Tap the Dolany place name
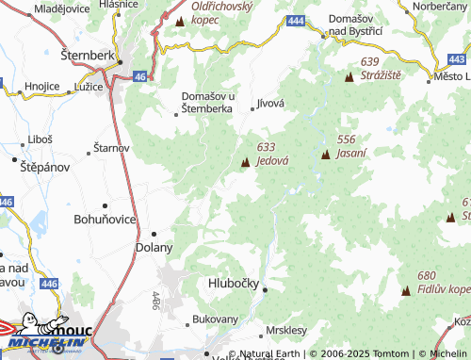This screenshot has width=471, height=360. coord(154,248)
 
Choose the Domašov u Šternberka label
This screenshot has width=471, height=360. coord(207,102)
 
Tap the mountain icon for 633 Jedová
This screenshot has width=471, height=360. coord(246,163)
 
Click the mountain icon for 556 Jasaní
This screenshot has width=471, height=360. coord(325,154)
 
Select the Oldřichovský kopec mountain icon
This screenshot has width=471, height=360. coord(179,19)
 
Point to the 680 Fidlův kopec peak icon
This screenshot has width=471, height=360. coord(406,291)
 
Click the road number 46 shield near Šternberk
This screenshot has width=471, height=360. coord(138,76)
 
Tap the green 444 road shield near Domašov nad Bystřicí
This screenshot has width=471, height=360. coord(297,21)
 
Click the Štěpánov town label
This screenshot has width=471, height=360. coord(41,166)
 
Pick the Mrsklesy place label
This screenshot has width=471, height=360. coord(286,331)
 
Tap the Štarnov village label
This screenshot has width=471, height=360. coord(111,149)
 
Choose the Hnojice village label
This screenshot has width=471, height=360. coord(42,86)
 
